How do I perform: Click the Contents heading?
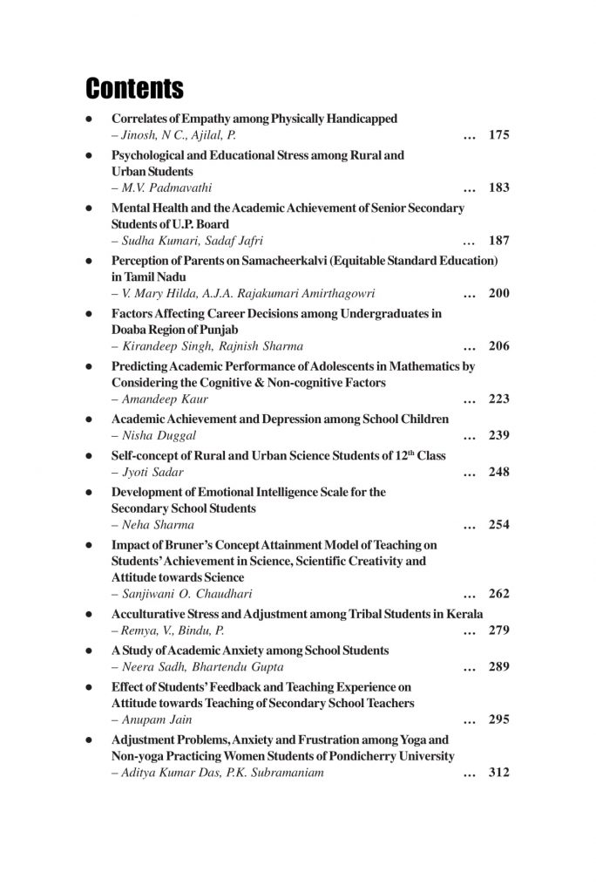(x=134, y=89)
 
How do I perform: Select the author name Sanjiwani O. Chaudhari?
(x=175, y=594)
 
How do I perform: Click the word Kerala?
(x=464, y=614)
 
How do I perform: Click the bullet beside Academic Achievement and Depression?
(x=89, y=419)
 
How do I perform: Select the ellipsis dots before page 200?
(x=470, y=294)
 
